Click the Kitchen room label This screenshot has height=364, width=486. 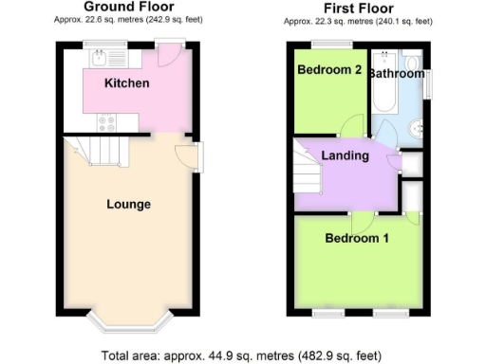[126, 83]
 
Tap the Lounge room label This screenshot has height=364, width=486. [128, 204]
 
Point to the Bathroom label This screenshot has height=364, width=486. [397, 73]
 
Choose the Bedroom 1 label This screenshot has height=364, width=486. [357, 238]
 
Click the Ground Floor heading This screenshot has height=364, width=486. [128, 7]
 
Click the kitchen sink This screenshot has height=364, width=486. [100, 56]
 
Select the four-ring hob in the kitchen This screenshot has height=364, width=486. [104, 120]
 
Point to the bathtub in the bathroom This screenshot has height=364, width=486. [384, 90]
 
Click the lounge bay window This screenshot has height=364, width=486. [127, 322]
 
